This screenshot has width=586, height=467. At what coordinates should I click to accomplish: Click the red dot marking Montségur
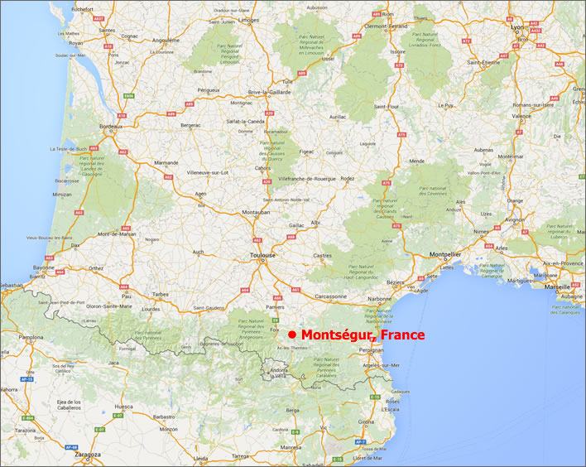[292, 335]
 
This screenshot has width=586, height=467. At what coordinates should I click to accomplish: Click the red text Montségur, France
[363, 335]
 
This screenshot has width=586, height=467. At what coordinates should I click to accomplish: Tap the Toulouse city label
[263, 257]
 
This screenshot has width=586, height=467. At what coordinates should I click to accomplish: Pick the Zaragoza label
[85, 455]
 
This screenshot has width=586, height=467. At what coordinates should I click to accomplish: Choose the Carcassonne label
[331, 295]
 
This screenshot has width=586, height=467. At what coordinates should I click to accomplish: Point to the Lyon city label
[519, 26]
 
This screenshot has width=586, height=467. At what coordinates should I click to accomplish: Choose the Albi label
[315, 224]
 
